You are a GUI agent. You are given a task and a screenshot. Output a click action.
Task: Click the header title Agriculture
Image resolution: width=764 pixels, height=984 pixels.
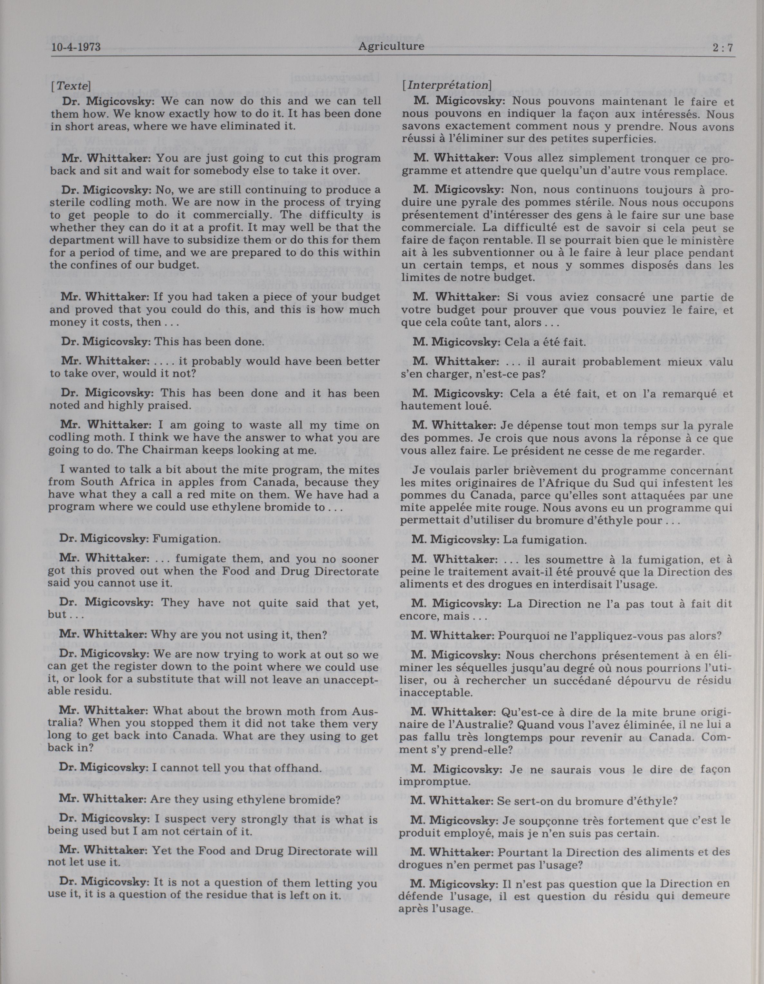click(391, 46)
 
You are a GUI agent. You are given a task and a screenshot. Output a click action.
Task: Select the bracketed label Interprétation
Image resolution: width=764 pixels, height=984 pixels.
click(447, 85)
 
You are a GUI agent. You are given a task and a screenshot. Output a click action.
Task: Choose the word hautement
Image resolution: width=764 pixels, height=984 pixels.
click(429, 405)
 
